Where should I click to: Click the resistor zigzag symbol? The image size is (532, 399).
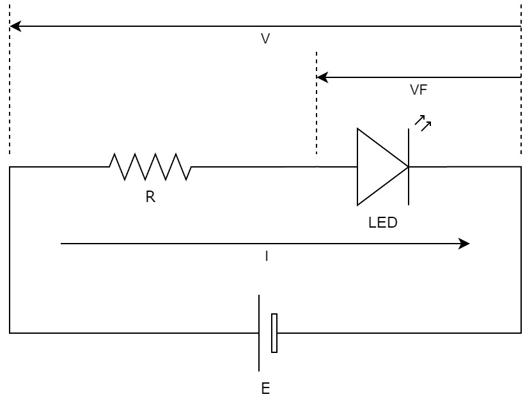pos(150,167)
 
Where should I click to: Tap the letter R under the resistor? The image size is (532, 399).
pos(150,197)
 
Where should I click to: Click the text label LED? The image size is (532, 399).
pos(383,223)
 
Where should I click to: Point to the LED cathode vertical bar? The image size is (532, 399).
pos(409,167)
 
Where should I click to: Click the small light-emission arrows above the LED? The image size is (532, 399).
pos(423,123)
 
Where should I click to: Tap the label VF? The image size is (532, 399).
pos(418,90)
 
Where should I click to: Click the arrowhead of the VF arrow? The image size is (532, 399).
pos(322,77)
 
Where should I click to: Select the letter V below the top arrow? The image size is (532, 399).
pos(265,38)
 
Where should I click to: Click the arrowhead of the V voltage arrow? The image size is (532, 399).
pos(15,26)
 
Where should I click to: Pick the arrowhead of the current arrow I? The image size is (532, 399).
pos(464,244)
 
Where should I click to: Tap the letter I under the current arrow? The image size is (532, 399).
pos(267,256)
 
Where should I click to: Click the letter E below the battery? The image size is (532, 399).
pos(265,388)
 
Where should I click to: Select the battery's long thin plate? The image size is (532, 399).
pos(259,333)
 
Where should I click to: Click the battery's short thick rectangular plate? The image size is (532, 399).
pos(274,333)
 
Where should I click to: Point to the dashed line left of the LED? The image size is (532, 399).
pos(317,103)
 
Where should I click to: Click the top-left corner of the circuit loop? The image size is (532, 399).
pos(10,167)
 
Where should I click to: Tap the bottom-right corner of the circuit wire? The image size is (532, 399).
pos(521,333)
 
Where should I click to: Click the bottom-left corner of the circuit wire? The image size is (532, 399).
pos(10,333)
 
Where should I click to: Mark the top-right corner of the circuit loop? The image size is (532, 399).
pos(521,167)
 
